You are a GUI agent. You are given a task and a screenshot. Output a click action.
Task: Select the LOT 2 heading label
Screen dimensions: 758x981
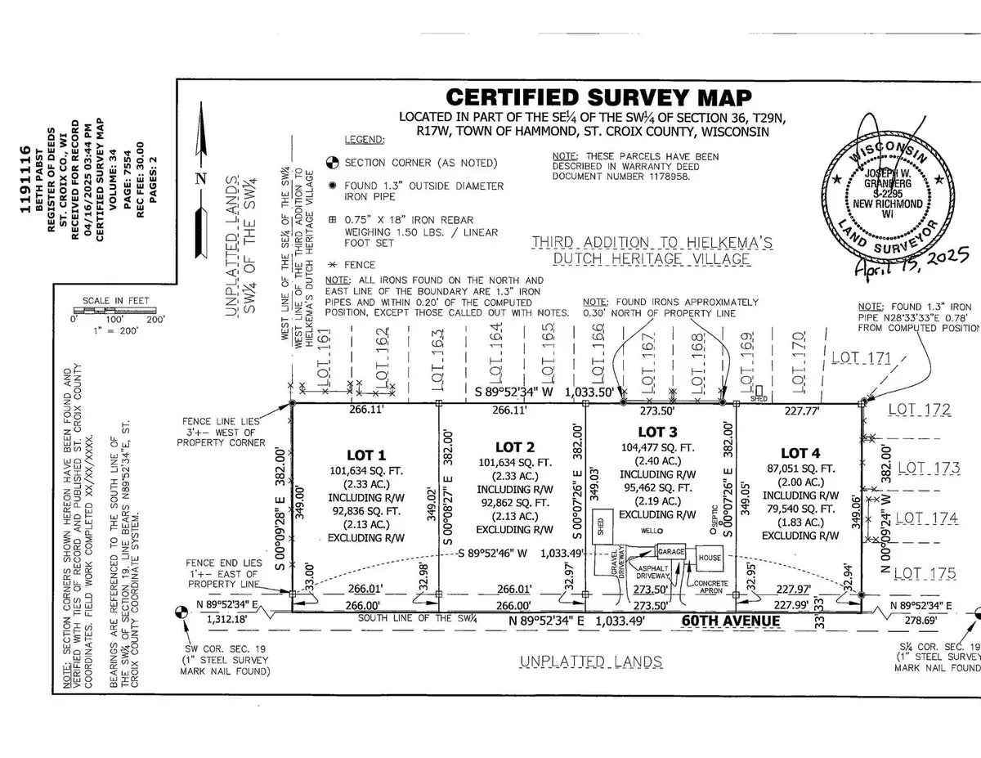(514, 447)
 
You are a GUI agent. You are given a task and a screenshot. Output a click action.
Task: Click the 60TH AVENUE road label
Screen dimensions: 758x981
(731, 621)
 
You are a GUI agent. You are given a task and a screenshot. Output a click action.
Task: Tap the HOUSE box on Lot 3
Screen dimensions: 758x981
(709, 558)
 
